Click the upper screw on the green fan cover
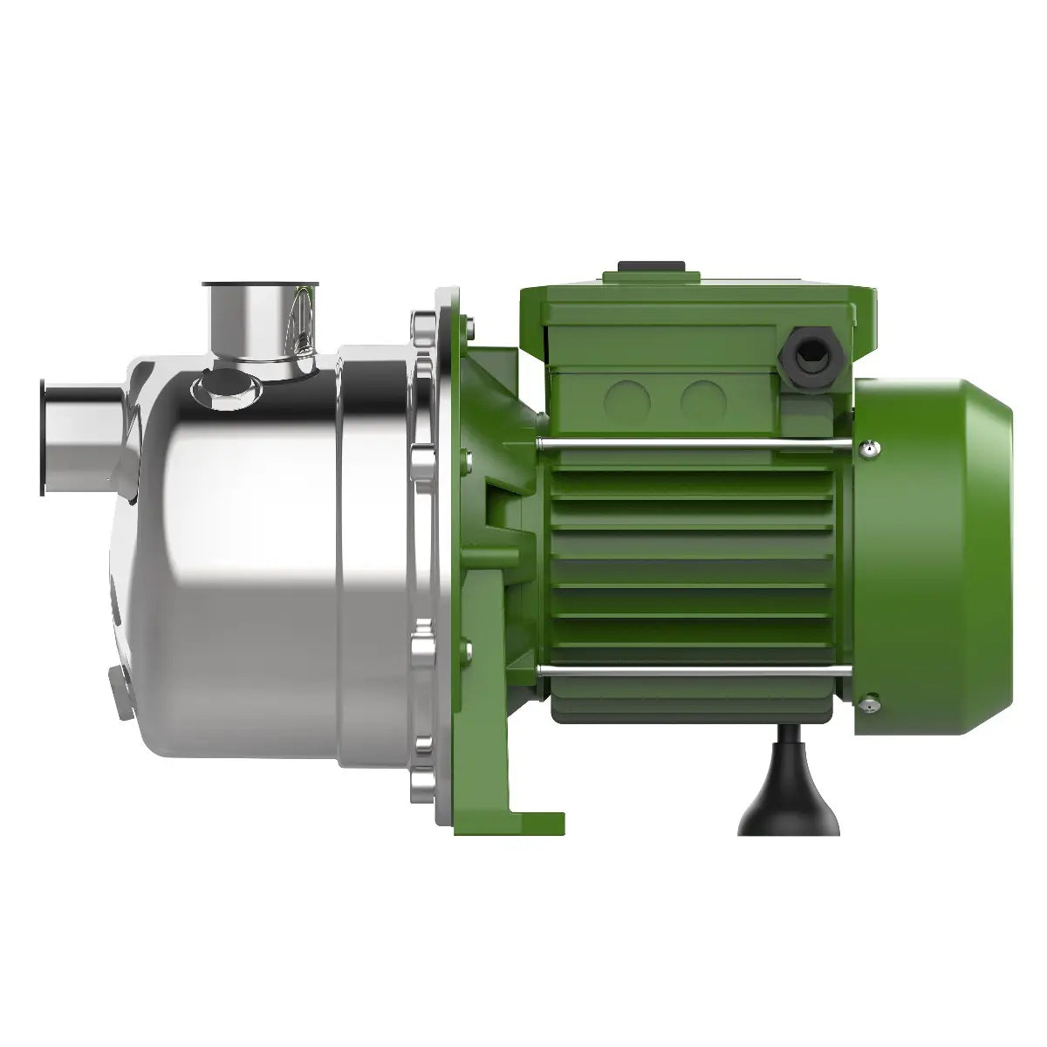(x=869, y=448)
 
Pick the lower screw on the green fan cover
(x=869, y=702)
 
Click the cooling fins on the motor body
(x=689, y=558)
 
